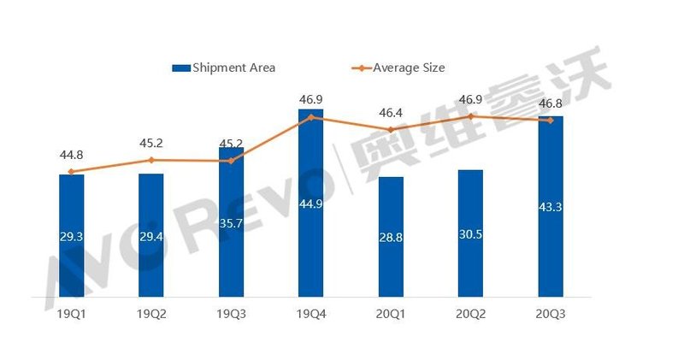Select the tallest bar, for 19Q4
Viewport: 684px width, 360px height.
click(x=311, y=205)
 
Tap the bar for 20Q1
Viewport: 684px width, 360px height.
click(x=391, y=239)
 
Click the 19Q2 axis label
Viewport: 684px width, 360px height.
click(x=151, y=314)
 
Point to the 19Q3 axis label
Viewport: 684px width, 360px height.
click(x=231, y=314)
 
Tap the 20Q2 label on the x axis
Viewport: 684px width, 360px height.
click(x=470, y=314)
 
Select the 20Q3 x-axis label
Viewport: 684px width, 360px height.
click(x=551, y=314)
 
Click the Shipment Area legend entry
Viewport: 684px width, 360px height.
click(x=223, y=68)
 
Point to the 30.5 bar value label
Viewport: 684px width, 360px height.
click(x=470, y=233)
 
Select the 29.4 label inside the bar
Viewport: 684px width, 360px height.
click(x=151, y=236)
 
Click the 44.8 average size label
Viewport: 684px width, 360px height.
click(x=72, y=156)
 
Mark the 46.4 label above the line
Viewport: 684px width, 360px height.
click(x=391, y=112)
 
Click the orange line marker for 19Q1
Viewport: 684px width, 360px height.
click(x=72, y=172)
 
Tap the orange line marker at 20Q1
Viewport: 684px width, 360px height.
click(x=391, y=130)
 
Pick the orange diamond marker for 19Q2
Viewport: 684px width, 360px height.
click(x=151, y=160)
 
